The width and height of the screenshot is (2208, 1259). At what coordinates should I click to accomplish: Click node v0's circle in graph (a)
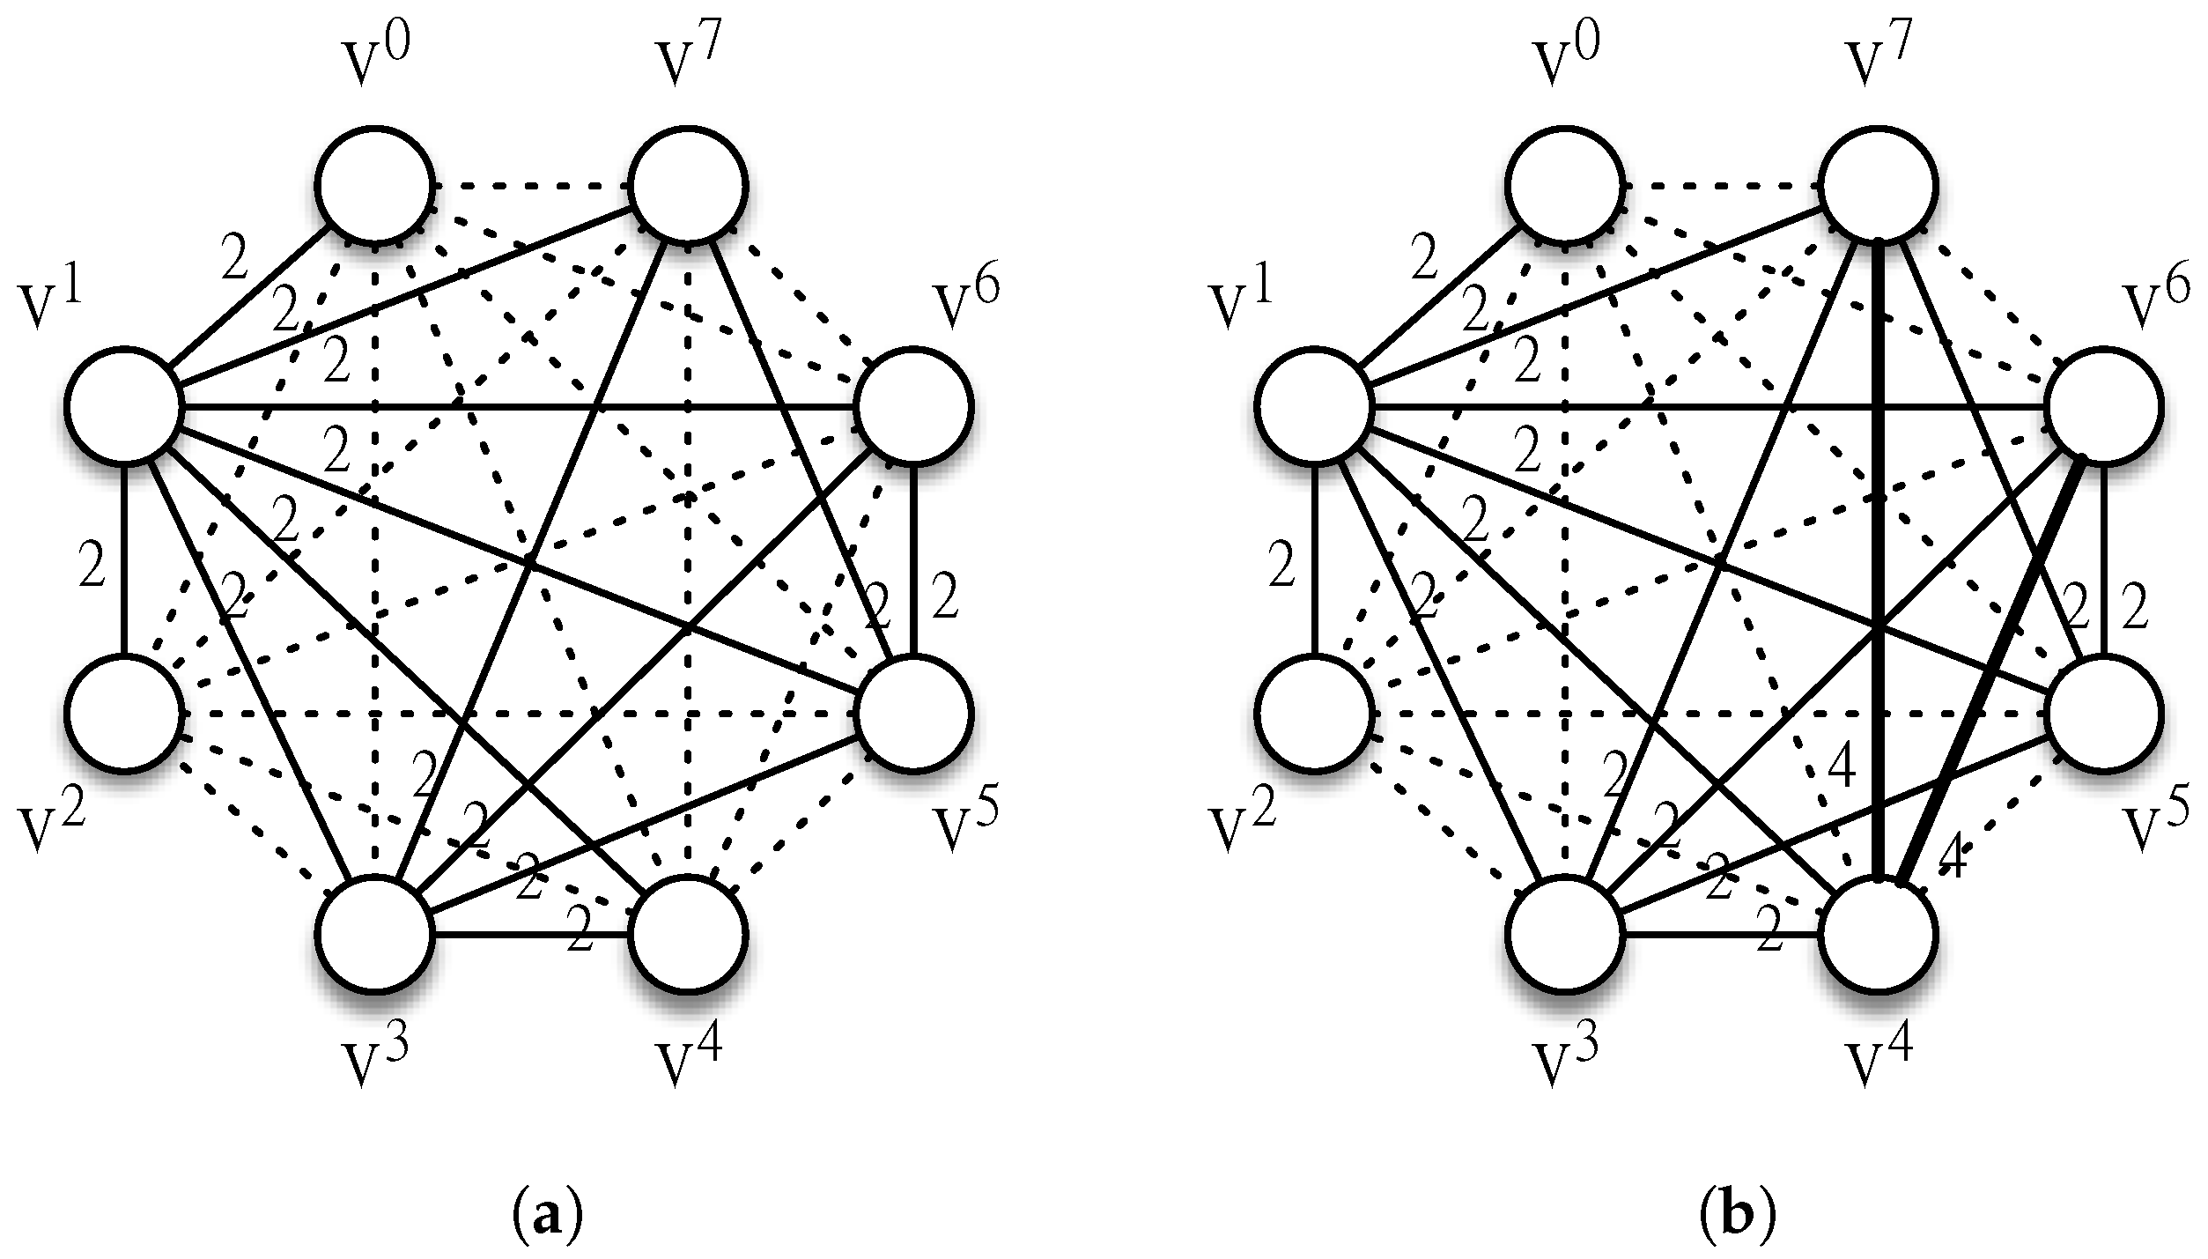coord(376,186)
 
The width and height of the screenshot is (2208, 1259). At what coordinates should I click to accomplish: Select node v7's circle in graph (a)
coord(690,186)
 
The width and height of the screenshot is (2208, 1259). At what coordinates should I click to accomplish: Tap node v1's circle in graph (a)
coord(123,407)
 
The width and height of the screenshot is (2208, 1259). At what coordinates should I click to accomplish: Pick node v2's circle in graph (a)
coord(123,714)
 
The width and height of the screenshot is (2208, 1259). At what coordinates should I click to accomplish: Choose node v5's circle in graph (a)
coord(914,714)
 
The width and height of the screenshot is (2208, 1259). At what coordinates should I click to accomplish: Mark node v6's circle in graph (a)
coord(914,407)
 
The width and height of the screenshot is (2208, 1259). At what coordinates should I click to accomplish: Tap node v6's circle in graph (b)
coord(2105,407)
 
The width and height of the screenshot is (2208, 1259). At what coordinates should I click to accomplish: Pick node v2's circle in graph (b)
coord(1314,714)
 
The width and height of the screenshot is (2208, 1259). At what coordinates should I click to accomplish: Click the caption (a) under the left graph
coord(547,1193)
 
